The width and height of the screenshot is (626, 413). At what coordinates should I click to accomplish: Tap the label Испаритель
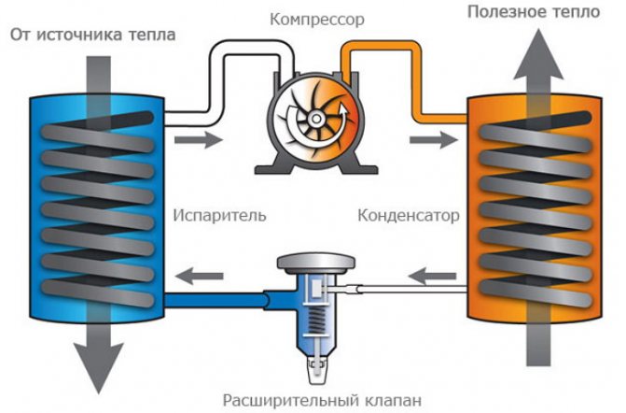pos(219,215)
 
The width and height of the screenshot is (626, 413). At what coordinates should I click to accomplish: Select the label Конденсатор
pos(409,215)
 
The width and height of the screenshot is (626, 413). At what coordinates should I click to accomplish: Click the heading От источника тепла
pos(92,35)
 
